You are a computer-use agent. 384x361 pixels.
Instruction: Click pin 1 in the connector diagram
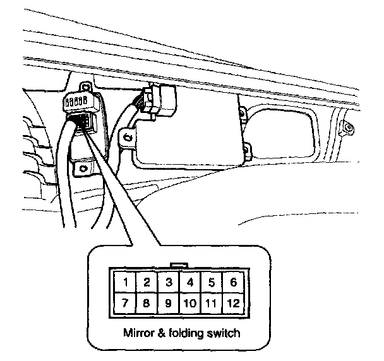[127, 282]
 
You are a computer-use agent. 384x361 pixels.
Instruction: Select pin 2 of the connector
[147, 282]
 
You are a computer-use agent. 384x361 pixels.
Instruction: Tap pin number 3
[169, 282]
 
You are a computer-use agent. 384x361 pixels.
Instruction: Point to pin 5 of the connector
[212, 282]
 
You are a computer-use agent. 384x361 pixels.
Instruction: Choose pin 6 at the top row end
[234, 282]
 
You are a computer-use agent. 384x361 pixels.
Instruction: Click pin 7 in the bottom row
[127, 303]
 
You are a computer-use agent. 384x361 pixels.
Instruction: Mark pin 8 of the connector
[147, 303]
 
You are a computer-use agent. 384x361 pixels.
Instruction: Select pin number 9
[169, 303]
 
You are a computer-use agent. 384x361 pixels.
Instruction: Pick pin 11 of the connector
[212, 303]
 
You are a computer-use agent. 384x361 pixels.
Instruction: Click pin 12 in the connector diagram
[234, 303]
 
